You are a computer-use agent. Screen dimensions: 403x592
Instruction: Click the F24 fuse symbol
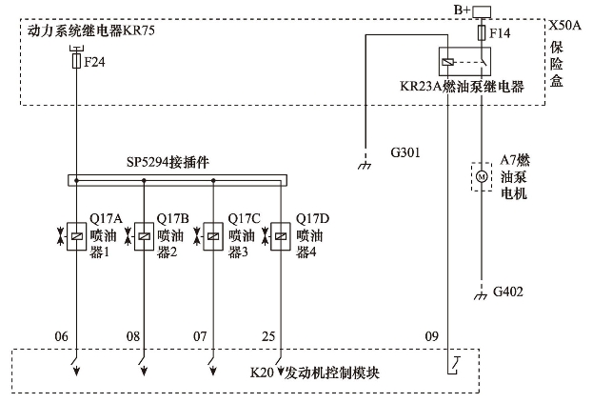pyautogui.click(x=75, y=62)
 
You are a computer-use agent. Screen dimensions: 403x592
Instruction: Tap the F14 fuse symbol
pyautogui.click(x=481, y=33)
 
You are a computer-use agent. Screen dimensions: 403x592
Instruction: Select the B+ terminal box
pyautogui.click(x=482, y=11)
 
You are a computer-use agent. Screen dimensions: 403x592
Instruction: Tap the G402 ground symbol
pyautogui.click(x=481, y=295)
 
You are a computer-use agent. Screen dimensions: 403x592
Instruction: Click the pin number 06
pyautogui.click(x=63, y=336)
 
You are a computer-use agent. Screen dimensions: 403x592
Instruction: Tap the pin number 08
pyautogui.click(x=132, y=336)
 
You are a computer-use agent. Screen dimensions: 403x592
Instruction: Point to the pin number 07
pyautogui.click(x=201, y=336)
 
